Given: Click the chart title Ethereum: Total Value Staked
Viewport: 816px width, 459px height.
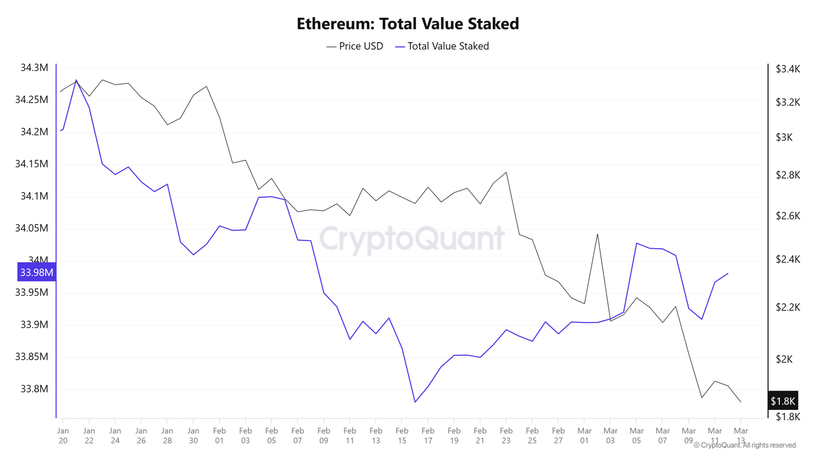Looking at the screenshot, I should (x=407, y=23).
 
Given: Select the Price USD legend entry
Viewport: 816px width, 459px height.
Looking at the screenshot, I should (x=355, y=46).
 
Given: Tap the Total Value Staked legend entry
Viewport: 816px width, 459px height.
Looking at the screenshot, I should (x=442, y=46).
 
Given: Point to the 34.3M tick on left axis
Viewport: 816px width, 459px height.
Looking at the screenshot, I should (x=34, y=68).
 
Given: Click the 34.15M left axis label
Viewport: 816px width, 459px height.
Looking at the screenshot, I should (x=32, y=164).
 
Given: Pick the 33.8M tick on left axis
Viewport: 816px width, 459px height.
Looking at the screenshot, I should (x=34, y=389).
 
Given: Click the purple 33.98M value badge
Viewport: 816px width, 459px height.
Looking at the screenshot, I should (x=36, y=272).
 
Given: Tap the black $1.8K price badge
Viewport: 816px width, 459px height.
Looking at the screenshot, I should (x=782, y=401).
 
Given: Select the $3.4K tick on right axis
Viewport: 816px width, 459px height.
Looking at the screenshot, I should (x=788, y=69).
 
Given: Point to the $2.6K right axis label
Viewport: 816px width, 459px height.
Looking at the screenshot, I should (x=788, y=216).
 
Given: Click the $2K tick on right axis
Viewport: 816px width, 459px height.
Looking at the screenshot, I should (x=784, y=360).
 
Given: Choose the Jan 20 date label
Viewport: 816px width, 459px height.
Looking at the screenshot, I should (x=63, y=436).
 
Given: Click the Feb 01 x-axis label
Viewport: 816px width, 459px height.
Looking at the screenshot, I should (x=219, y=436).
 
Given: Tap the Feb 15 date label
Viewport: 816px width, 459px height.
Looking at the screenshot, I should (x=402, y=436).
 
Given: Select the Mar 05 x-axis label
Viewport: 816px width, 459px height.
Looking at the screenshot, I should (x=636, y=436).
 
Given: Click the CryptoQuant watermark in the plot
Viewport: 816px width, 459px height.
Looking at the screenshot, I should (x=412, y=239).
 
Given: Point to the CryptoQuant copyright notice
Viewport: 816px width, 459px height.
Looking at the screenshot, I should (x=745, y=445).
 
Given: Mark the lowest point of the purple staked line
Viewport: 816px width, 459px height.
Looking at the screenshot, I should (x=415, y=402).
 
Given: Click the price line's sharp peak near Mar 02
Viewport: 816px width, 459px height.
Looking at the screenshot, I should (x=597, y=234).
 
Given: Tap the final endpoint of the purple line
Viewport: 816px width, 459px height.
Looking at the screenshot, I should (x=728, y=273).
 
